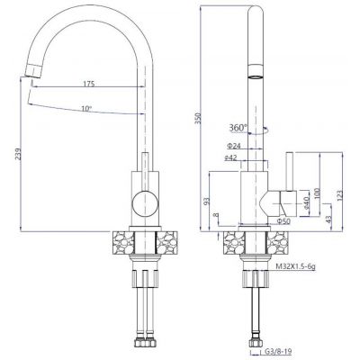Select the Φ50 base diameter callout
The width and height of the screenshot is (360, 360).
pyautogui.click(x=282, y=220)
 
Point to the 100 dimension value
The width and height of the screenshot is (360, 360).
pyautogui.click(x=317, y=194)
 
